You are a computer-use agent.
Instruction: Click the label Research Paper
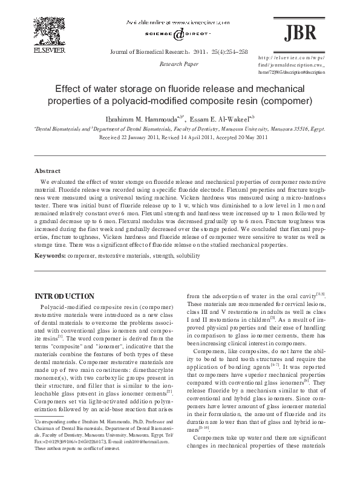pyautogui.click(x=177, y=63)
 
